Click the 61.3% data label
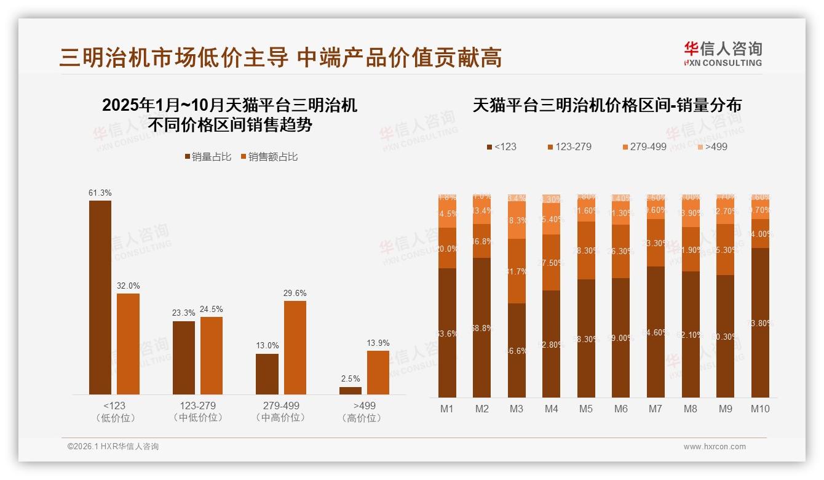coord(100,193)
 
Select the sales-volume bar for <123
coord(100,297)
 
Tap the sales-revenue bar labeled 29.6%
coord(295,348)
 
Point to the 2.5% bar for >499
coord(351,390)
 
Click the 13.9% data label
coord(378,343)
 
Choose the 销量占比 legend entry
coord(208,157)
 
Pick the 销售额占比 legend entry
coord(269,157)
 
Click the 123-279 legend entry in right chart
coord(569,146)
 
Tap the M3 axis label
coord(517,409)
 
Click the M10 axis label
coord(760,409)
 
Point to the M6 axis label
coord(621,409)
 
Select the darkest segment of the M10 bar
coord(760,322)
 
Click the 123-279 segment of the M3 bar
coord(517,271)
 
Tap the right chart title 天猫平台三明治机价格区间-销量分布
coord(607,105)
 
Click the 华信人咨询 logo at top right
coord(723,54)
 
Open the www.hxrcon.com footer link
coord(715,447)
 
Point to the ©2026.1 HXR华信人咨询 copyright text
coord(113,447)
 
